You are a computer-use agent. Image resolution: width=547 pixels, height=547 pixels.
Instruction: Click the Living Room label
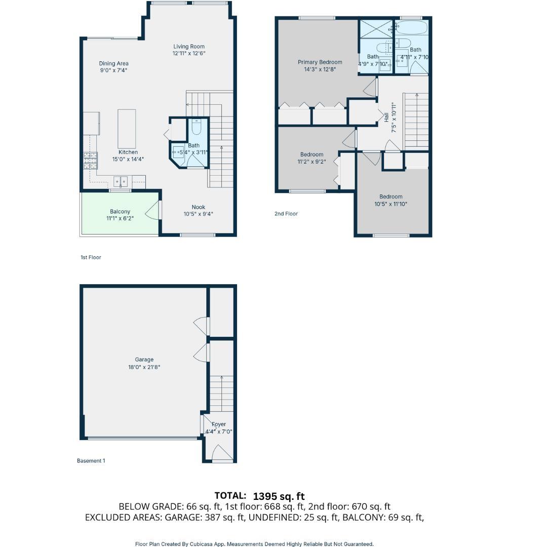click(189, 47)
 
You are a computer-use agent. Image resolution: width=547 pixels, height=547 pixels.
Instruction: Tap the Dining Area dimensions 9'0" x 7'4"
click(113, 70)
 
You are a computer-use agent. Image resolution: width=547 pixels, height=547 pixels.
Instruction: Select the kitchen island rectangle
click(127, 129)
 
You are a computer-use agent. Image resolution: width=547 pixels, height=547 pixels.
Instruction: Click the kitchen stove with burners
click(90, 161)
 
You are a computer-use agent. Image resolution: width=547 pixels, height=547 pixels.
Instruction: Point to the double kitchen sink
click(121, 181)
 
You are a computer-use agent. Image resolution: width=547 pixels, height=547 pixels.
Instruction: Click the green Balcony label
click(120, 212)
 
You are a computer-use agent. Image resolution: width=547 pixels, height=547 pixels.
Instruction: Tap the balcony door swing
click(153, 210)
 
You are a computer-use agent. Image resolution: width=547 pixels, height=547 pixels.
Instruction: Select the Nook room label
click(198, 207)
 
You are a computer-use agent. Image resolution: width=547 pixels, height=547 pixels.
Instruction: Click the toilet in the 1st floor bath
click(197, 126)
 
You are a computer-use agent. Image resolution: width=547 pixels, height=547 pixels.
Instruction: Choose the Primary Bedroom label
click(320, 62)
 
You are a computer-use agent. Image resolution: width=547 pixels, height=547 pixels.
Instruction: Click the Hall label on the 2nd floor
click(386, 117)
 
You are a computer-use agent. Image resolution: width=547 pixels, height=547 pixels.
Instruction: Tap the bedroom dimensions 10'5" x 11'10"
click(390, 204)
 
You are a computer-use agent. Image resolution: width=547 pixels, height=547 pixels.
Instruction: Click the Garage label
click(144, 360)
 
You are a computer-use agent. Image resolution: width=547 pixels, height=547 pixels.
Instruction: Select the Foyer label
click(219, 424)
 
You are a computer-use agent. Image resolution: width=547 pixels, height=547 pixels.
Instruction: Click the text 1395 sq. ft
click(279, 496)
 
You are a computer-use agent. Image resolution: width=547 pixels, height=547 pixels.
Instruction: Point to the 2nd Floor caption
click(286, 214)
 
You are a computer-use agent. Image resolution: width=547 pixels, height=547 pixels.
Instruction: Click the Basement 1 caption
click(91, 461)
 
